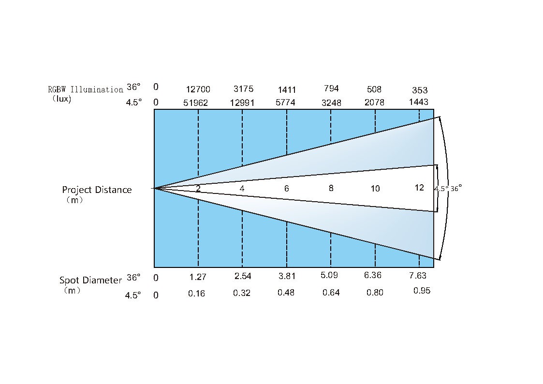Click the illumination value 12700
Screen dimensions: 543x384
198,89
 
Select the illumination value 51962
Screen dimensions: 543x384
196,103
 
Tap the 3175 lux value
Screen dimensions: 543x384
243,89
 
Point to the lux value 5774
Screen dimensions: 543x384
285,103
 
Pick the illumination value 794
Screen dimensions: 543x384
331,89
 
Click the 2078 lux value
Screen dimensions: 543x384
374,103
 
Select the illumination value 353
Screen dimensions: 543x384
420,90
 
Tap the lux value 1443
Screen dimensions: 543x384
419,102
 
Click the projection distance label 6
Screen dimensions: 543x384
286,188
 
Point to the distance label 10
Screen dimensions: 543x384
375,188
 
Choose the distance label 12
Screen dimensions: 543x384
419,188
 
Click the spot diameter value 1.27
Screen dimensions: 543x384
198,277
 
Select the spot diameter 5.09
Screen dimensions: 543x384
329,275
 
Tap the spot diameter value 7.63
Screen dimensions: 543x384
418,276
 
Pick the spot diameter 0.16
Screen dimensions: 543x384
196,294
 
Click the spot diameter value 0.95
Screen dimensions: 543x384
422,291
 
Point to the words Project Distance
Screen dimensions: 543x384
97,190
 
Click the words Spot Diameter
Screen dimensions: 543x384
91,280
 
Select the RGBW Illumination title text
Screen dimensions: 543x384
86,89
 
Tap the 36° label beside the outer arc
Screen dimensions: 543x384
456,188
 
